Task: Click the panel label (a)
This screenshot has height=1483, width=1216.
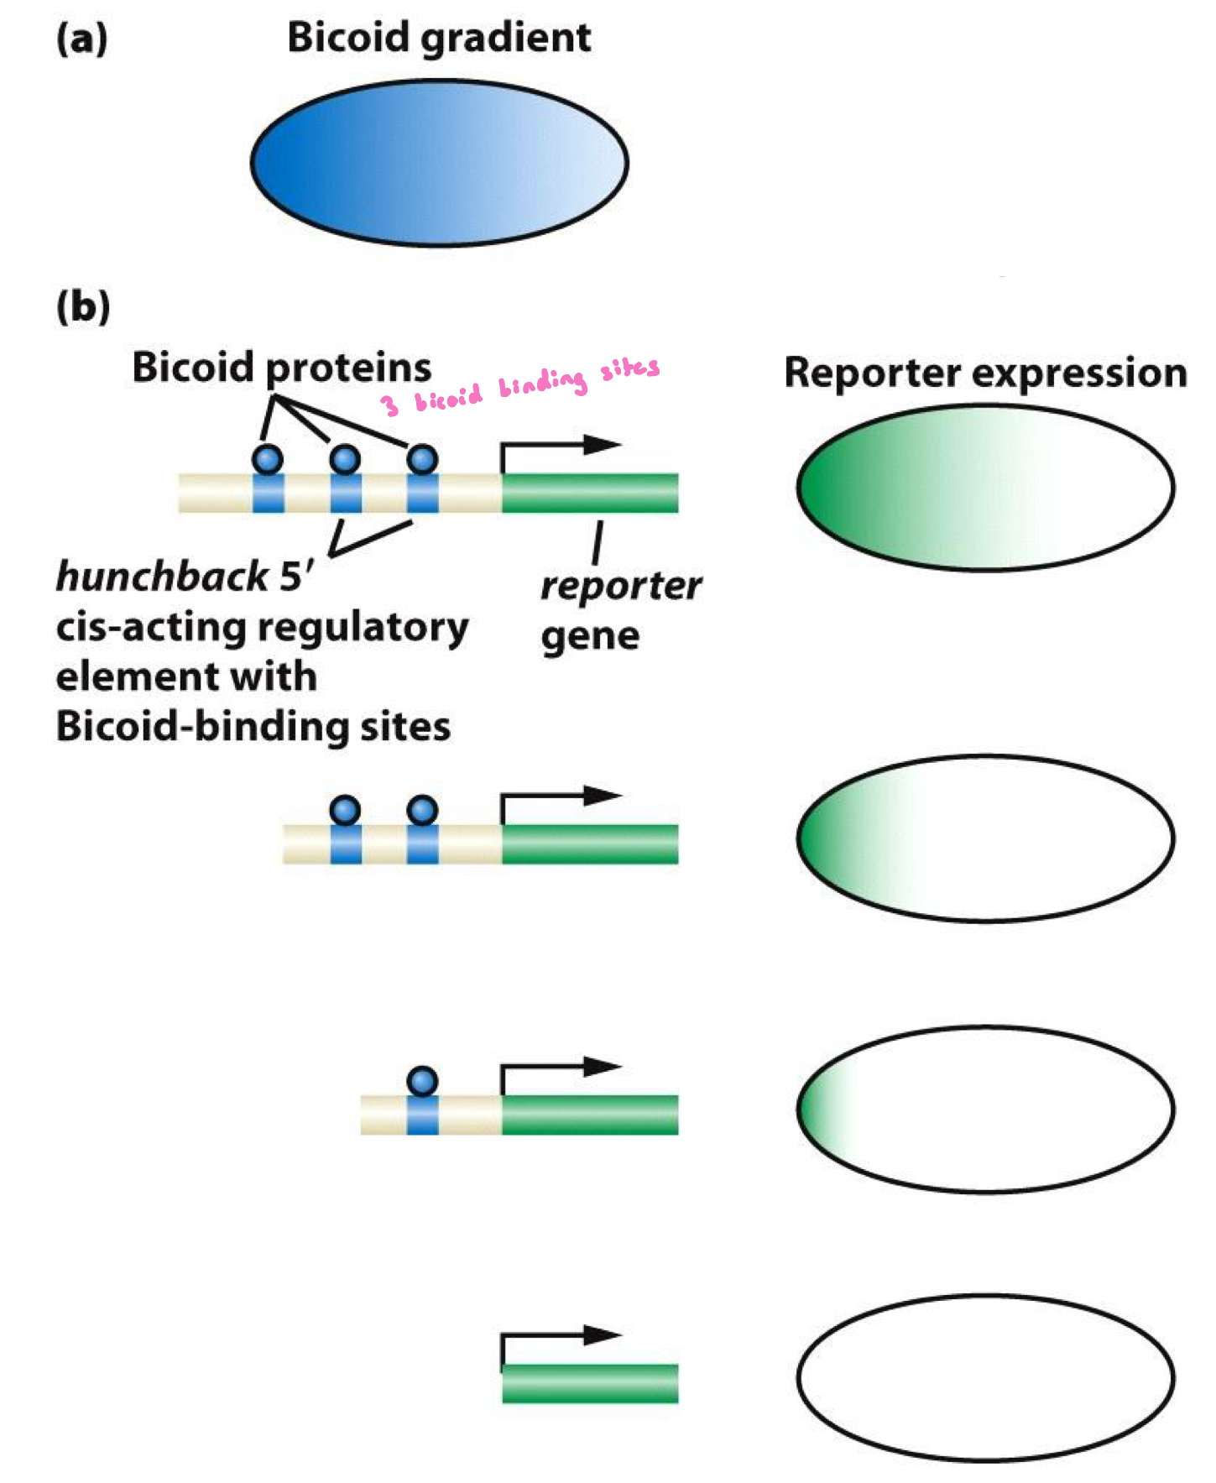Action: pos(81,39)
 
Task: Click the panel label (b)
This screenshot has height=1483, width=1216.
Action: pos(82,306)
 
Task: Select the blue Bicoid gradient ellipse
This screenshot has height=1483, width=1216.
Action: pos(439,163)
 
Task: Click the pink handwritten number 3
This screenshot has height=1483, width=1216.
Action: pos(389,405)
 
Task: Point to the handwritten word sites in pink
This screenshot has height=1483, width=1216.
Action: pos(629,369)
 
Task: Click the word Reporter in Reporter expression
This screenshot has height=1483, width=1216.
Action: pos(871,373)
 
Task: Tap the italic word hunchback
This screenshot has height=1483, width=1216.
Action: pos(161,577)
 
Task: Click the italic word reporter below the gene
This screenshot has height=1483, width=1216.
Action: pos(620,586)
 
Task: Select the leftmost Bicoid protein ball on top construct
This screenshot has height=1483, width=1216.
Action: pos(268,459)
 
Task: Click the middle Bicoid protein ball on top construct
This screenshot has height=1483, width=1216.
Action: pos(345,459)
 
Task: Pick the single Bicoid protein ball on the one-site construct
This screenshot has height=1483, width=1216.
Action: pos(422,1080)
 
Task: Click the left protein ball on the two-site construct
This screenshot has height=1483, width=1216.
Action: pos(345,810)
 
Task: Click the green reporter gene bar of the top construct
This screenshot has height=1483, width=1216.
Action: pos(590,493)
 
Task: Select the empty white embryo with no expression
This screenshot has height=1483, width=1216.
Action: pos(985,1378)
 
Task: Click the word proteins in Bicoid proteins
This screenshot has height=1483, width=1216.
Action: pos(348,368)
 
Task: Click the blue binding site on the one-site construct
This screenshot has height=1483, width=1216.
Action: pos(422,1115)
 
